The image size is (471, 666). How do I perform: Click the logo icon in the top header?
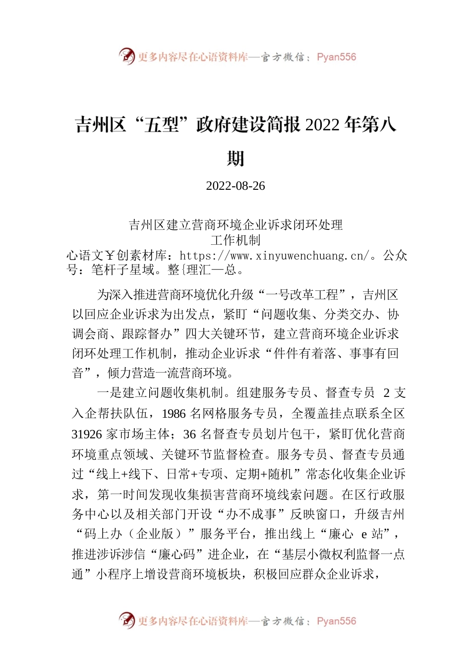[x=127, y=56]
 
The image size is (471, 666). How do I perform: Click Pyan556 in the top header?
[x=336, y=57]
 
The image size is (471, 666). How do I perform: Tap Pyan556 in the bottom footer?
[x=336, y=621]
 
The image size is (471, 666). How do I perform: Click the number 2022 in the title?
[x=322, y=125]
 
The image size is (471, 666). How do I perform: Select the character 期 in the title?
[x=235, y=159]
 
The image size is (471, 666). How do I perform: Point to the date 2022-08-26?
[x=235, y=186]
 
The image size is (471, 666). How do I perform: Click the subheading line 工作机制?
[x=235, y=240]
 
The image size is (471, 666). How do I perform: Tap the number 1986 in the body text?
[x=174, y=414]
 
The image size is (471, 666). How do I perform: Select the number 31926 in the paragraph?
[x=87, y=435]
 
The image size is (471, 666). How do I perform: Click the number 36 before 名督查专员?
[x=189, y=435]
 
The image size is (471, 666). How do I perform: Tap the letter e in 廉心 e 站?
[x=364, y=534]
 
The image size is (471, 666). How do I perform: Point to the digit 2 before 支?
[x=386, y=393]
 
